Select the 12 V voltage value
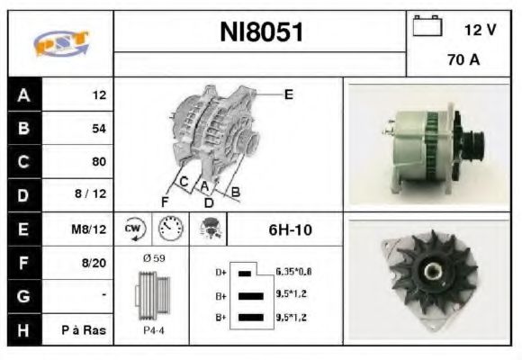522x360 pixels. (x=480, y=30)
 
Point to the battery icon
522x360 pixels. (x=425, y=26)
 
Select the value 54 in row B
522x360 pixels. (x=99, y=129)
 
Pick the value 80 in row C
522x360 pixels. (x=99, y=163)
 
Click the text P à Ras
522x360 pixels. (x=88, y=330)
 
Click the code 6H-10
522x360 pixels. (x=290, y=230)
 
